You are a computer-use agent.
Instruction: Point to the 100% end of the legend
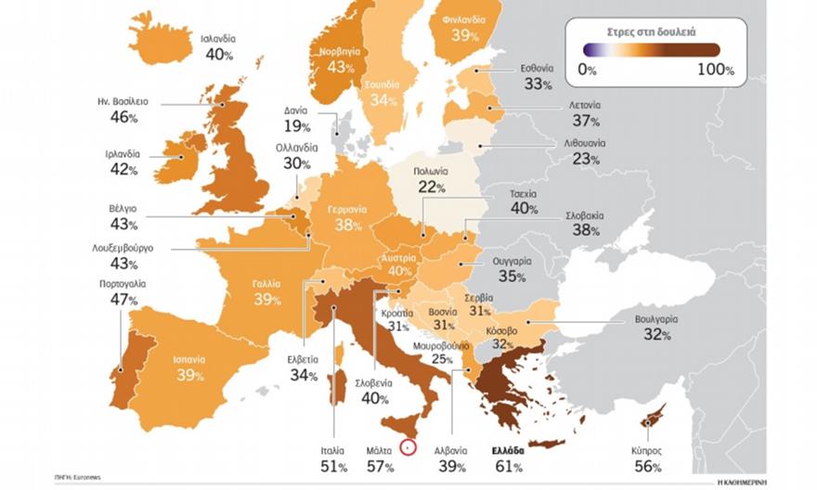715,70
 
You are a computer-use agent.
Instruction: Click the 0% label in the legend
587,70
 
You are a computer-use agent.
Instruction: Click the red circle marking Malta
406,447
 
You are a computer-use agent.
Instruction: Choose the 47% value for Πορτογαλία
123,300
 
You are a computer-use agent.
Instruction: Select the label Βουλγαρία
655,318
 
